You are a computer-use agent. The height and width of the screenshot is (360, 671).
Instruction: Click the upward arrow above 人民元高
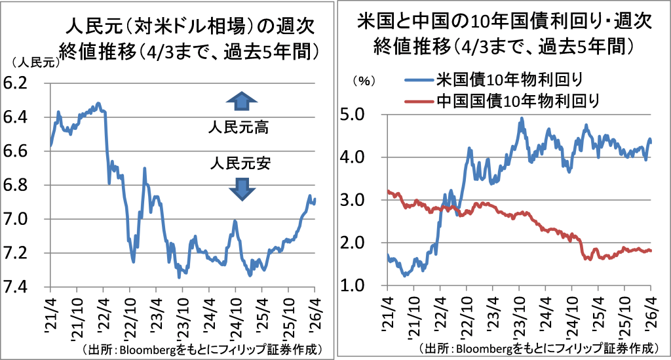tap(242, 100)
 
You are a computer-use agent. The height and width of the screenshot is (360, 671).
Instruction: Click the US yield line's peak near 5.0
tap(522, 119)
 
